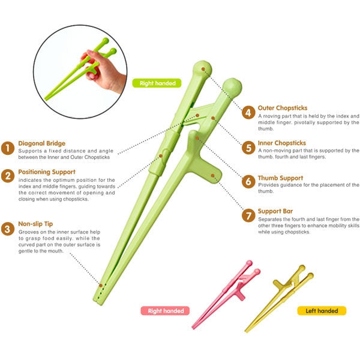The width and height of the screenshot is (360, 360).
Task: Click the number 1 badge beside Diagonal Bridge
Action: [8, 148]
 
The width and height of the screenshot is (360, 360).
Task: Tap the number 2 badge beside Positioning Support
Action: [8, 176]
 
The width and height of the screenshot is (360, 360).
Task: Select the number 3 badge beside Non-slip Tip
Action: [8, 228]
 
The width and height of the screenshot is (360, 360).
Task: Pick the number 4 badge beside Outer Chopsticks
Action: [248, 112]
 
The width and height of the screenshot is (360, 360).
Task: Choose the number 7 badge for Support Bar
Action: [248, 215]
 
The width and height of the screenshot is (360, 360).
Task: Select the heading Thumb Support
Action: [280, 178]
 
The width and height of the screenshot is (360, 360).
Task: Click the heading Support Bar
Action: [275, 211]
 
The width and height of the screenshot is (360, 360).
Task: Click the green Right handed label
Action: [157, 83]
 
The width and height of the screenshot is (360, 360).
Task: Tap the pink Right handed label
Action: [166, 311]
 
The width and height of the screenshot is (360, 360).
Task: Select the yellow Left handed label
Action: [322, 311]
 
